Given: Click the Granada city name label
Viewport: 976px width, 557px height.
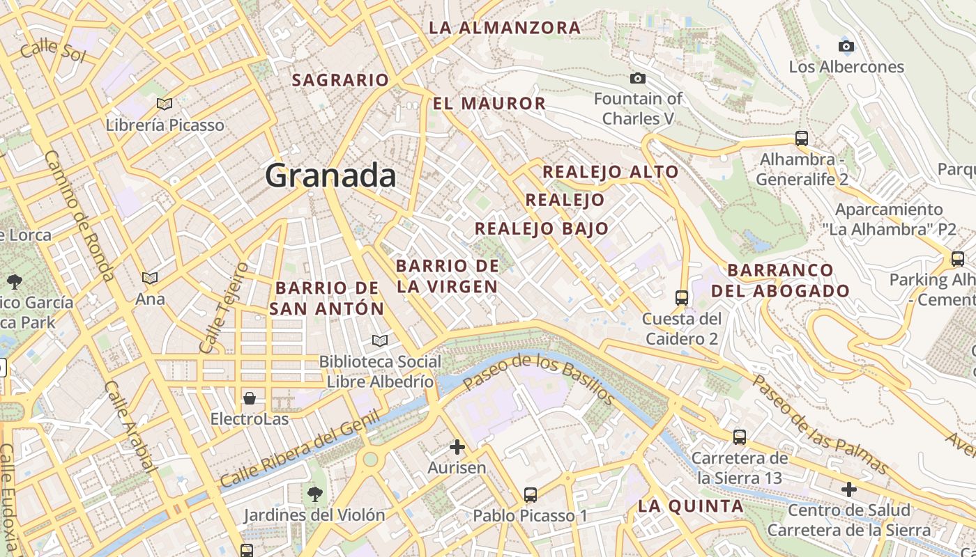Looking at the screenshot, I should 330,175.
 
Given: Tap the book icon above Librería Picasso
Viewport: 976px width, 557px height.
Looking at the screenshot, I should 165,104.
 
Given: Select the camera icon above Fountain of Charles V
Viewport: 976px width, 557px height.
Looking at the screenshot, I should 637,78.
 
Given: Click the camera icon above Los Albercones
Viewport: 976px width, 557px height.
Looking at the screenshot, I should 846,47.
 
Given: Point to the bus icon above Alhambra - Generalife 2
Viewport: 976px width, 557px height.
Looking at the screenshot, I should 802,138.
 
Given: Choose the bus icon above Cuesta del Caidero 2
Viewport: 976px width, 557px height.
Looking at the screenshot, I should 682,298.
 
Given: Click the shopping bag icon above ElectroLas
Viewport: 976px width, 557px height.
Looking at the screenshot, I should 250,398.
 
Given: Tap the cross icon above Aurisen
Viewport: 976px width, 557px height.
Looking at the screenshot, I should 457,446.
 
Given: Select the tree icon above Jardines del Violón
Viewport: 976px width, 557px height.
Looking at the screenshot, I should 314,494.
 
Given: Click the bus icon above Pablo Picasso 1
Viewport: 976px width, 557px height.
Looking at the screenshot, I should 531,495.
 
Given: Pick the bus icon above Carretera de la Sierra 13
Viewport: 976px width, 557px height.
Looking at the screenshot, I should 740,437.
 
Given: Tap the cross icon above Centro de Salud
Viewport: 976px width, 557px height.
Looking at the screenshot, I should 848,489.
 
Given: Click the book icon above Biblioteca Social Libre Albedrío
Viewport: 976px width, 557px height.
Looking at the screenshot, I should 379,340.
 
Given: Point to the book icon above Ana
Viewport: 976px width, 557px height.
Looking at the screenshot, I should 150,278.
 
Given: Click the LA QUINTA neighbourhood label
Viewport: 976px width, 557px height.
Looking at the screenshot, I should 691,506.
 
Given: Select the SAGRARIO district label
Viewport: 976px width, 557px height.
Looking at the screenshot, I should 340,80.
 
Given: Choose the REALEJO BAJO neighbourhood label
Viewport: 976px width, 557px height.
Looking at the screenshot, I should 542,228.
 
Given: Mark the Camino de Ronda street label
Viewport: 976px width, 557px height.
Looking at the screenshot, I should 79,216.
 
